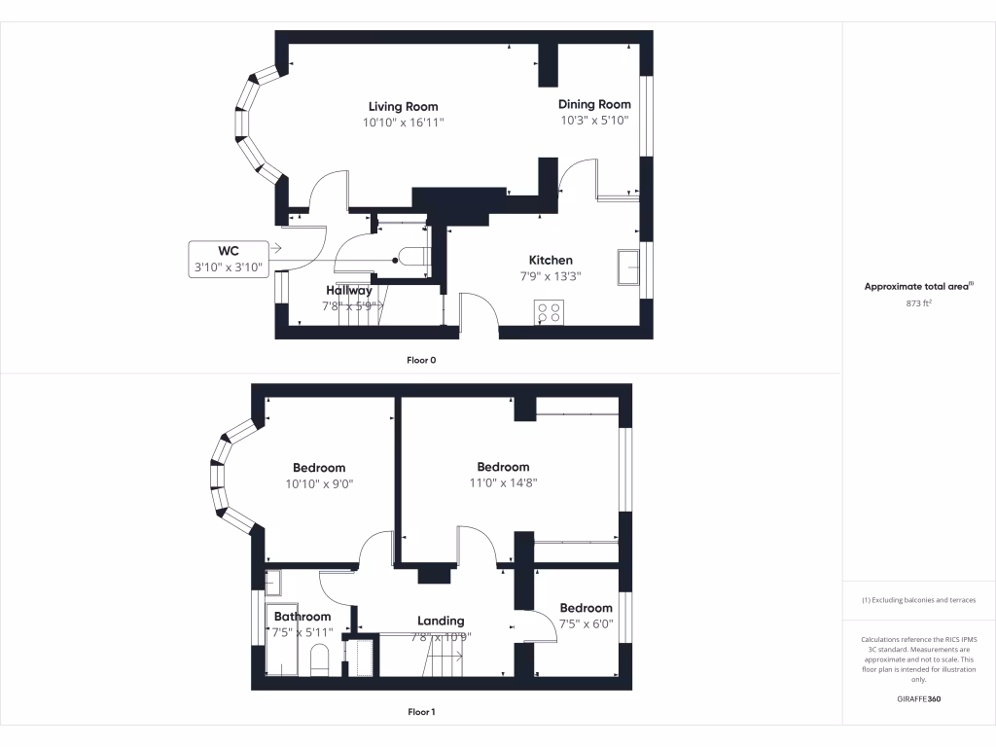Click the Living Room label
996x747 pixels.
[403, 106]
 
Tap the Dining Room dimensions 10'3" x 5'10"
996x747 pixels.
[594, 121]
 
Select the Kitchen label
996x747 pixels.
[551, 260]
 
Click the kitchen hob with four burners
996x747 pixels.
[548, 312]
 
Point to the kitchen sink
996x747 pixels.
[627, 265]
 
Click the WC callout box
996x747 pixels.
[229, 260]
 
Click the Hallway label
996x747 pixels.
[348, 290]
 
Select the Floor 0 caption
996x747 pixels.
[421, 360]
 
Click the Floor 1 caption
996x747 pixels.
[421, 712]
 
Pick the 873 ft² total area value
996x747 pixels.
[918, 303]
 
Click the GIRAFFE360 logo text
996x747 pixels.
[918, 699]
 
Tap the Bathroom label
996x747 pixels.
[302, 616]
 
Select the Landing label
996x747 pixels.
[441, 621]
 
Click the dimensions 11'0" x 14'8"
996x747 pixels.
[503, 481]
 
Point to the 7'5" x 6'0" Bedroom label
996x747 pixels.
[586, 608]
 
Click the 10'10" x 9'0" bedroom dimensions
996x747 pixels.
[319, 482]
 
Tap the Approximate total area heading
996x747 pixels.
[918, 286]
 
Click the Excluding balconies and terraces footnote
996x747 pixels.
[918, 600]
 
